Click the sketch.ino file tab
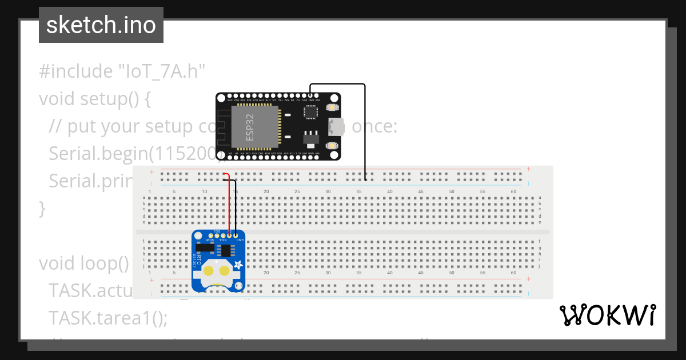click(101, 25)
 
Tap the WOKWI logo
click(607, 315)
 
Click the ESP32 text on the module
click(250, 127)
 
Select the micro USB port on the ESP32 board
click(336, 126)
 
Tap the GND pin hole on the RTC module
click(236, 235)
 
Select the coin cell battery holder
click(218, 273)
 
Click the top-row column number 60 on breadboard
click(513, 191)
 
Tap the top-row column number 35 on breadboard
click(359, 191)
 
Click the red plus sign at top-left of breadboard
click(151, 171)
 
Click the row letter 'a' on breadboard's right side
click(540, 197)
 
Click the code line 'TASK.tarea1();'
click(108, 317)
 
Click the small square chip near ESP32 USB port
click(311, 113)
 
